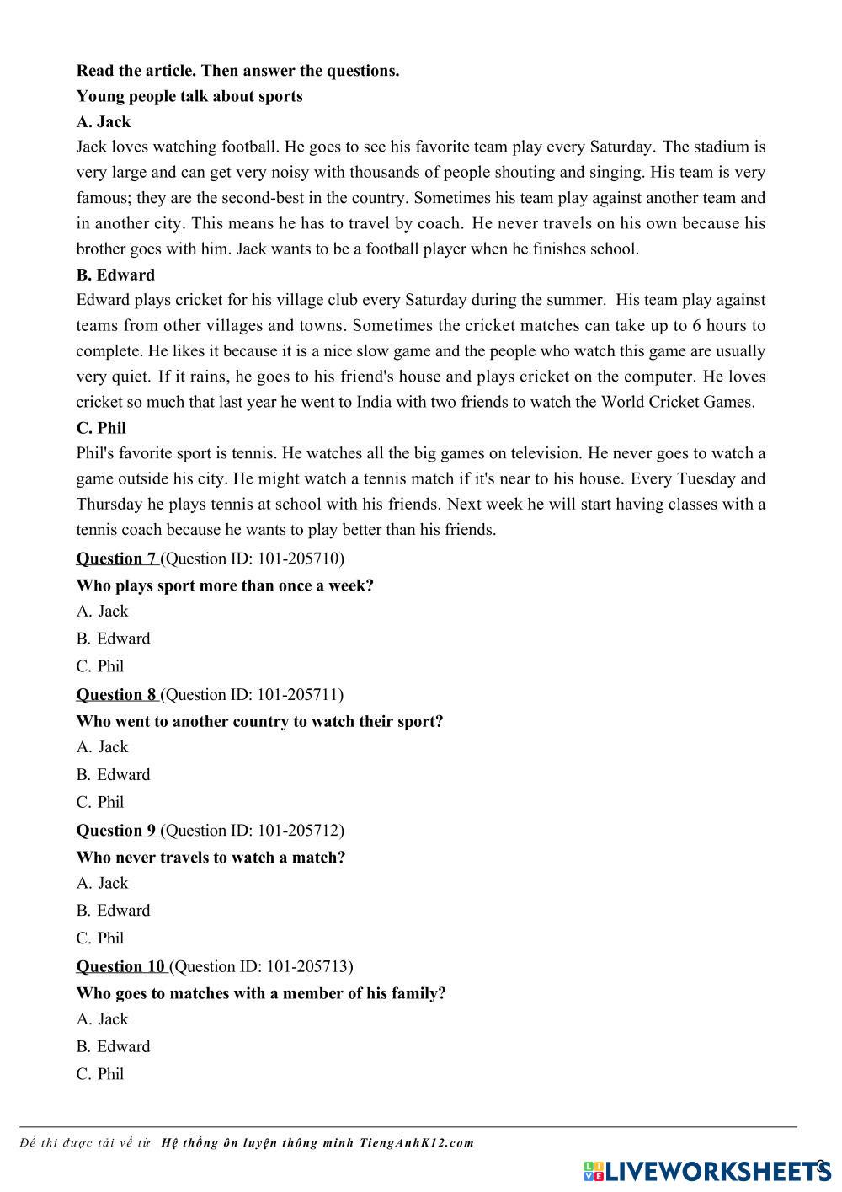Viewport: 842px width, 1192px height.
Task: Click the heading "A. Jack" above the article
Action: [103, 121]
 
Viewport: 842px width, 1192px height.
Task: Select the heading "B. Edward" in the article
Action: [115, 275]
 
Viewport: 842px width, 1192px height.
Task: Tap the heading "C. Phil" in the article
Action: [101, 428]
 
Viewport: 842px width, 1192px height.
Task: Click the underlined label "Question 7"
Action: [116, 559]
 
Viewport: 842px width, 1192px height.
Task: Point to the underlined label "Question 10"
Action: [120, 966]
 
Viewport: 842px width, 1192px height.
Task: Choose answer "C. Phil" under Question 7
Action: [100, 666]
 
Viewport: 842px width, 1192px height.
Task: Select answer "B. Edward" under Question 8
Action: [113, 775]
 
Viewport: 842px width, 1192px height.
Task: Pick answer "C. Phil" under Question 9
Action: [100, 938]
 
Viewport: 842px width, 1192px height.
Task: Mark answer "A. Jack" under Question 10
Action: [102, 1019]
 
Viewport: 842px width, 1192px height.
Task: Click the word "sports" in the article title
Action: [280, 96]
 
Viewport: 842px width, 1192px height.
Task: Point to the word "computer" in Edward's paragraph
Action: [663, 377]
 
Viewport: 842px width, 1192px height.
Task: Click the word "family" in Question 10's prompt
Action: [415, 993]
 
